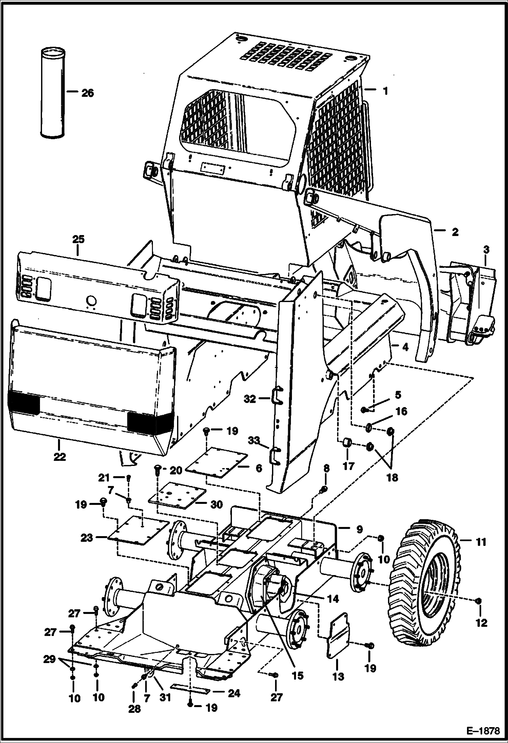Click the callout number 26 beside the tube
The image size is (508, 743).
coord(87,93)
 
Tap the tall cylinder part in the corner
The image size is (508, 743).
coord(53,93)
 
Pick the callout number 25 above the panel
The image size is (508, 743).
coord(78,239)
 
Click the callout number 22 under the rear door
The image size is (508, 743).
coord(59,457)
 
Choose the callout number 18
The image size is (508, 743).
coord(393,477)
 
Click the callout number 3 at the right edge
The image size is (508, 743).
coord(486,251)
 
